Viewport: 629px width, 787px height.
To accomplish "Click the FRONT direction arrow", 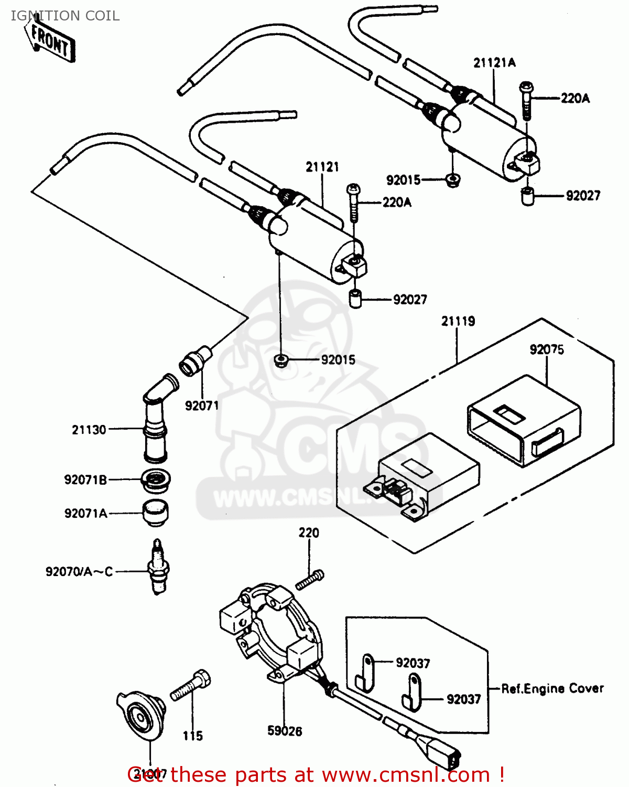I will (x=50, y=41).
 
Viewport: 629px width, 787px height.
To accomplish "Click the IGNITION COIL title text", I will (x=65, y=16).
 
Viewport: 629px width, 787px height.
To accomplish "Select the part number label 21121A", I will (x=494, y=63).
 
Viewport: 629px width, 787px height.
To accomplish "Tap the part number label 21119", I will (x=458, y=321).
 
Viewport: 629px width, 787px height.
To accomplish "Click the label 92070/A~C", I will (x=79, y=571).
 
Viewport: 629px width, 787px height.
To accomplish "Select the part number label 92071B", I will (x=85, y=480).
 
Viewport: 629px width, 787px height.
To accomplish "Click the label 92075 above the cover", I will (x=546, y=349).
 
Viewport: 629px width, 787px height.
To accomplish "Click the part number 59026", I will (x=285, y=731).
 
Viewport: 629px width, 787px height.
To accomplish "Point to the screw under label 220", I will (x=310, y=580).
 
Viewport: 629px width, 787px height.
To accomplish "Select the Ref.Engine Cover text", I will (x=552, y=688).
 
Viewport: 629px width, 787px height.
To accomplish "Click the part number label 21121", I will (x=322, y=167).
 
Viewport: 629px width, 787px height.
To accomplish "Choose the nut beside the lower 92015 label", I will (x=281, y=360).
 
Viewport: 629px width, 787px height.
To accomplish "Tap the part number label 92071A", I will (x=85, y=513).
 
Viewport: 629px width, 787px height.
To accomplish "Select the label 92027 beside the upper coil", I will (x=583, y=196).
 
